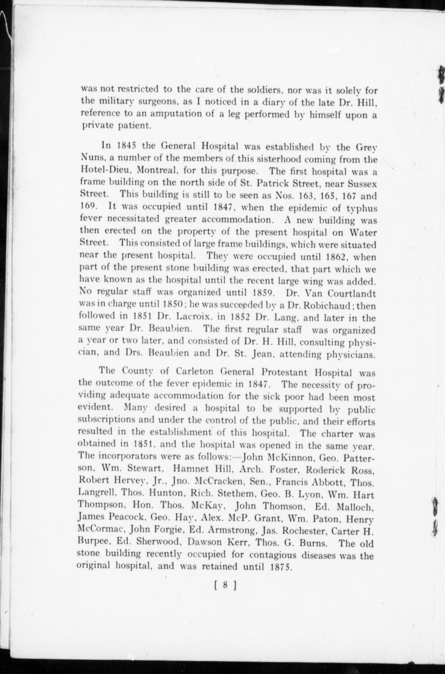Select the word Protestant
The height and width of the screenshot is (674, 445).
[x=284, y=372]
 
